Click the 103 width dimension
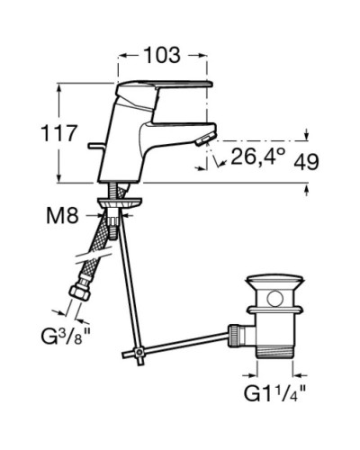click(162, 55)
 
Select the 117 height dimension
click(59, 133)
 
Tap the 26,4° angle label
click(258, 156)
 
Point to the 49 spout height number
click(306, 162)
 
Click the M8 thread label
click(62, 215)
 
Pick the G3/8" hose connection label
click(66, 337)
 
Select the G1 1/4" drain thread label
click(274, 393)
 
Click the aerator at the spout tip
click(205, 139)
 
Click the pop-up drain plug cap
click(274, 281)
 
